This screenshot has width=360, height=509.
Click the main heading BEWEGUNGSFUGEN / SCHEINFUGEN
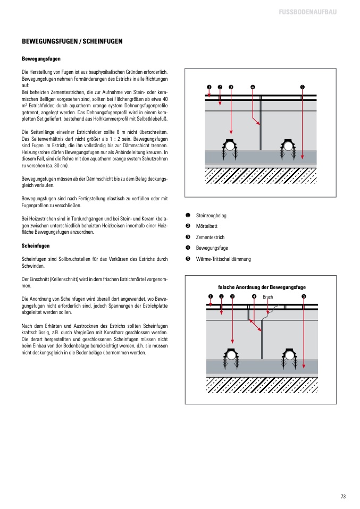72,41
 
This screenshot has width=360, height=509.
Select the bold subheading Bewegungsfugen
41,58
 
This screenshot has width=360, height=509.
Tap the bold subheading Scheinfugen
36,246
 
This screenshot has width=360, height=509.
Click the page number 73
343,496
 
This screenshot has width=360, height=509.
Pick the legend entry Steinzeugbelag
211,215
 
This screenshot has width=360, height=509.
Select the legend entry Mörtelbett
207,226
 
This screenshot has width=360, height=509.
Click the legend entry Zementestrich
210,237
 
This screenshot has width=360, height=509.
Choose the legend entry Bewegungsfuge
212,248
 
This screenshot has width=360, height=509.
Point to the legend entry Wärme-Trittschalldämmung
223,259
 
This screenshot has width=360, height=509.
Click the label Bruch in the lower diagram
267,297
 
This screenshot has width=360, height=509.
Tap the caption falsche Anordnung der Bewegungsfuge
262,287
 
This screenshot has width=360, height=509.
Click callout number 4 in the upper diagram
252,87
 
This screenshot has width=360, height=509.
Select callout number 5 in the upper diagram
302,87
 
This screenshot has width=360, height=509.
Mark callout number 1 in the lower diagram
211,296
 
